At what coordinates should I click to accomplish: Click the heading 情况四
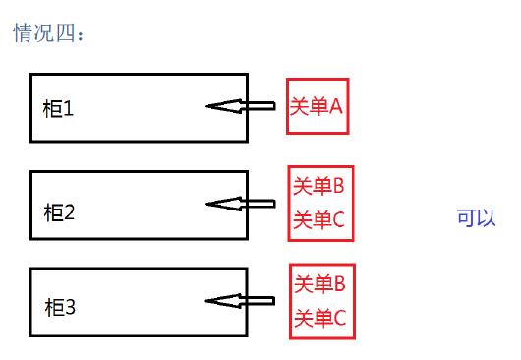(48, 34)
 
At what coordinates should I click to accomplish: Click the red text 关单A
(317, 106)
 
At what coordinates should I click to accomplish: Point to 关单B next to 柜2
(318, 185)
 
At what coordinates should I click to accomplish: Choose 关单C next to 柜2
(318, 219)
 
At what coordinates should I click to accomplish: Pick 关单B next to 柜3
(319, 284)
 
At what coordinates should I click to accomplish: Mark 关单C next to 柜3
(319, 318)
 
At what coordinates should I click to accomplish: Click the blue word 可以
(477, 217)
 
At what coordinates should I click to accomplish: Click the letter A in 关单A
(336, 106)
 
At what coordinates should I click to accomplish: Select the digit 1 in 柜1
(69, 109)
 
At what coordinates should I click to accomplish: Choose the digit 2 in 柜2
(70, 210)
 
